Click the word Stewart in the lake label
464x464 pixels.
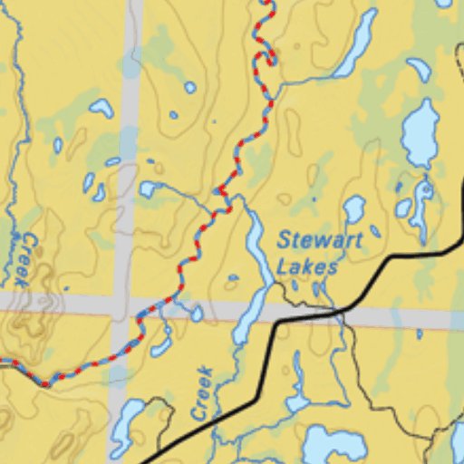click(320, 241)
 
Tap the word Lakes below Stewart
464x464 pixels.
click(307, 267)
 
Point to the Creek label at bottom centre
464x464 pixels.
click(202, 392)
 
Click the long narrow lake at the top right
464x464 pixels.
click(355, 44)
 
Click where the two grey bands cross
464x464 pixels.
click(125, 305)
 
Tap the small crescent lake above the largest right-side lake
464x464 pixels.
click(419, 70)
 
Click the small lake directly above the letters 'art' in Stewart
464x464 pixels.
click(354, 209)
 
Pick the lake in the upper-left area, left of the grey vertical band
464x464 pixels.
click(101, 108)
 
